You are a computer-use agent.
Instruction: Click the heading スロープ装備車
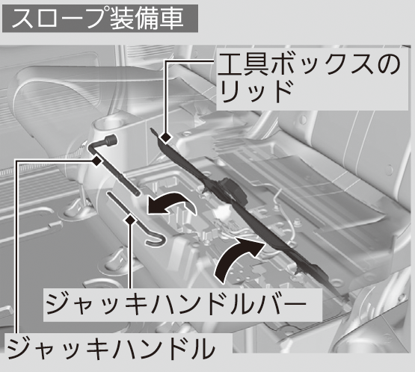tap(97, 19)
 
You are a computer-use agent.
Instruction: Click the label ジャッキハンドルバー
tap(176, 304)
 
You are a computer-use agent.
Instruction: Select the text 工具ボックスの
tap(309, 64)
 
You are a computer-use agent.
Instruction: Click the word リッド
tap(256, 92)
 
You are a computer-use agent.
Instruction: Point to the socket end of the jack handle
tap(111, 140)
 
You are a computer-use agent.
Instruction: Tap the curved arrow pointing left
tap(171, 203)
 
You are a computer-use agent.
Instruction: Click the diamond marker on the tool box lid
tap(167, 137)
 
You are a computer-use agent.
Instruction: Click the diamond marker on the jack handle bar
tap(130, 220)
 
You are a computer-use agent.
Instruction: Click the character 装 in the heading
tap(120, 19)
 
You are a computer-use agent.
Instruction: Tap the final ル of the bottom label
tap(202, 348)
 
